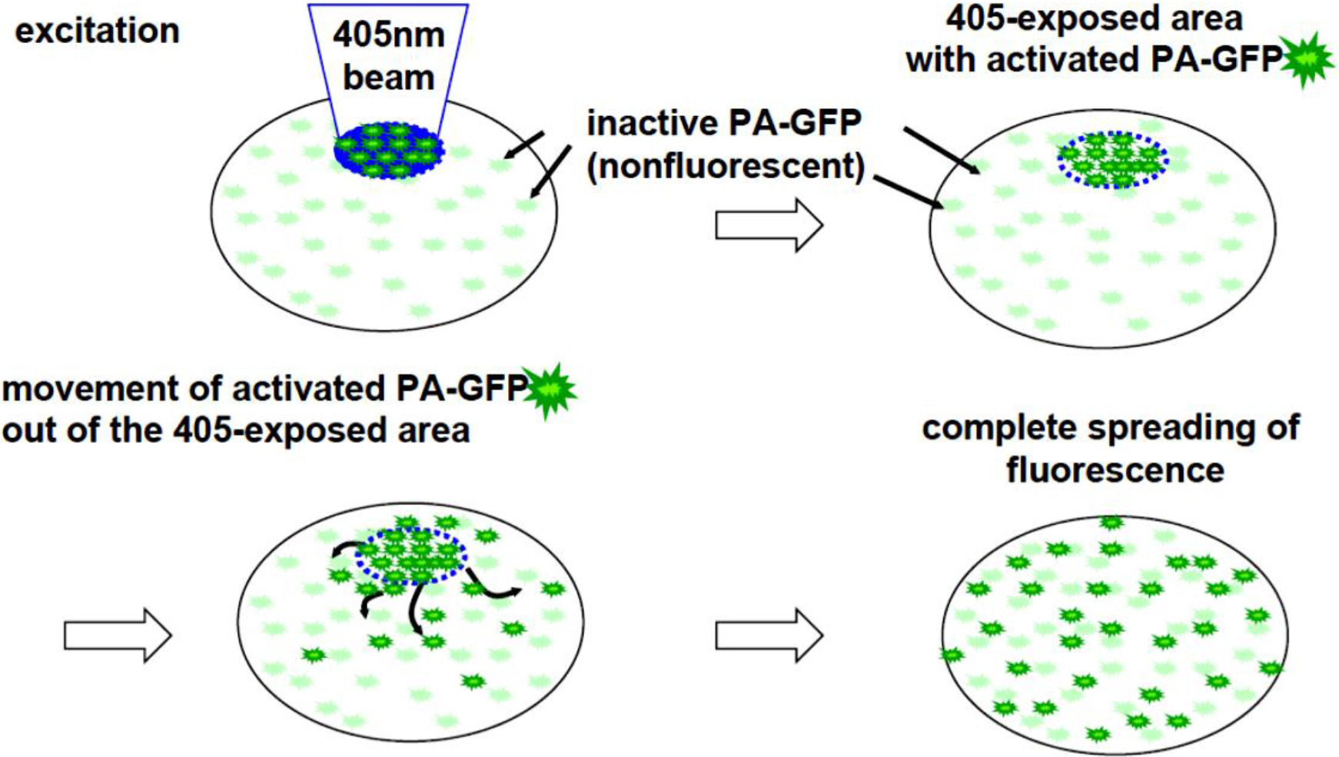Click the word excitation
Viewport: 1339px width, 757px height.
coord(97,32)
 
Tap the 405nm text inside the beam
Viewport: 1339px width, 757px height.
coord(388,35)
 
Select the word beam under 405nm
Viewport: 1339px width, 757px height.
coord(388,78)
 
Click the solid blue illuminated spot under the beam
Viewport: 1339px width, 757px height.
coord(389,150)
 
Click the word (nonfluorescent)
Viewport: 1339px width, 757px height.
coord(726,166)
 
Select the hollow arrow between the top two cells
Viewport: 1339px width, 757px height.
coord(769,225)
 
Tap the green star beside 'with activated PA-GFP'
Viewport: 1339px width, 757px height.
coord(1306,59)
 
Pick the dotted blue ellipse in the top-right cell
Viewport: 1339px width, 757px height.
coord(1113,160)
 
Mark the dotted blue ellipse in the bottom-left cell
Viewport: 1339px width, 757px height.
coord(411,555)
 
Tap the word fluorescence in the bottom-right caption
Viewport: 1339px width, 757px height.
coord(1115,470)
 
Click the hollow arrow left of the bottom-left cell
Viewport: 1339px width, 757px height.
coord(117,636)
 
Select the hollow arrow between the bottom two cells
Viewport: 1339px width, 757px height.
coord(769,636)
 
